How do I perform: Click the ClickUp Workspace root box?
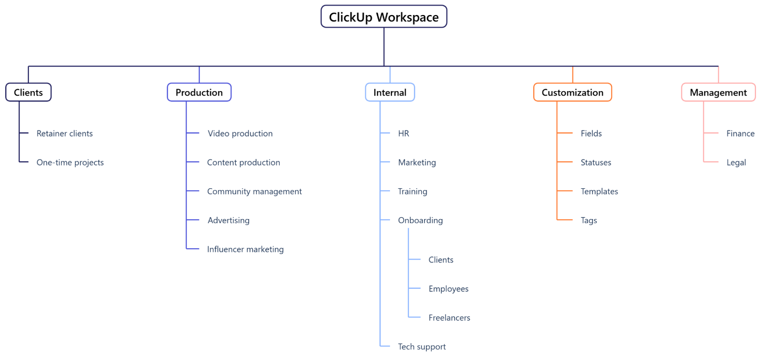(383, 17)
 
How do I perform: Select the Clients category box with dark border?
(28, 93)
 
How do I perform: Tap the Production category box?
(199, 93)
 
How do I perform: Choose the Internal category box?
(390, 93)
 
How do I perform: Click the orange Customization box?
(572, 93)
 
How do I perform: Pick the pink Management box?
(718, 93)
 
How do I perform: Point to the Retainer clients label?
(65, 133)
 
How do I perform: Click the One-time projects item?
(70, 163)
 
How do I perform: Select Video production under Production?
(240, 133)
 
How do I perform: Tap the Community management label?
(254, 191)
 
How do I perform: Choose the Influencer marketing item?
(245, 249)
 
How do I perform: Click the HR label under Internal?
(403, 133)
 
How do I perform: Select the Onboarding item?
(420, 221)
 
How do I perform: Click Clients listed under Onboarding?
(441, 260)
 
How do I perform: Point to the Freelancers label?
(449, 318)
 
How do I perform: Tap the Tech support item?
(421, 347)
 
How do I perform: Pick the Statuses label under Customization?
(595, 163)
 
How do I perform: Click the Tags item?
(589, 221)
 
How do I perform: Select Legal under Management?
(736, 163)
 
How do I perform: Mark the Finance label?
(740, 133)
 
